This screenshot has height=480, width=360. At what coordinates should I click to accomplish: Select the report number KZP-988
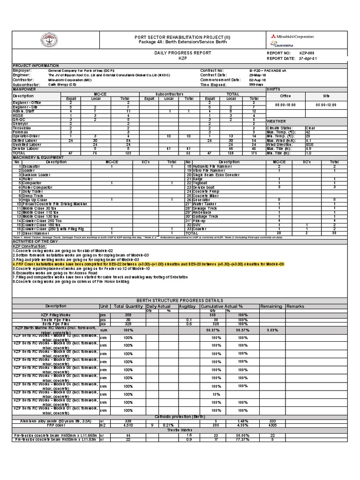point(307,53)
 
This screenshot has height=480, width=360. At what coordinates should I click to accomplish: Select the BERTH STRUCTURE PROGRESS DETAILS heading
point(180,300)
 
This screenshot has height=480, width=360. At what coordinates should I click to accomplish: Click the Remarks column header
point(296,306)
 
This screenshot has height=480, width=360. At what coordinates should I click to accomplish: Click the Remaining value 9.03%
point(272,330)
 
